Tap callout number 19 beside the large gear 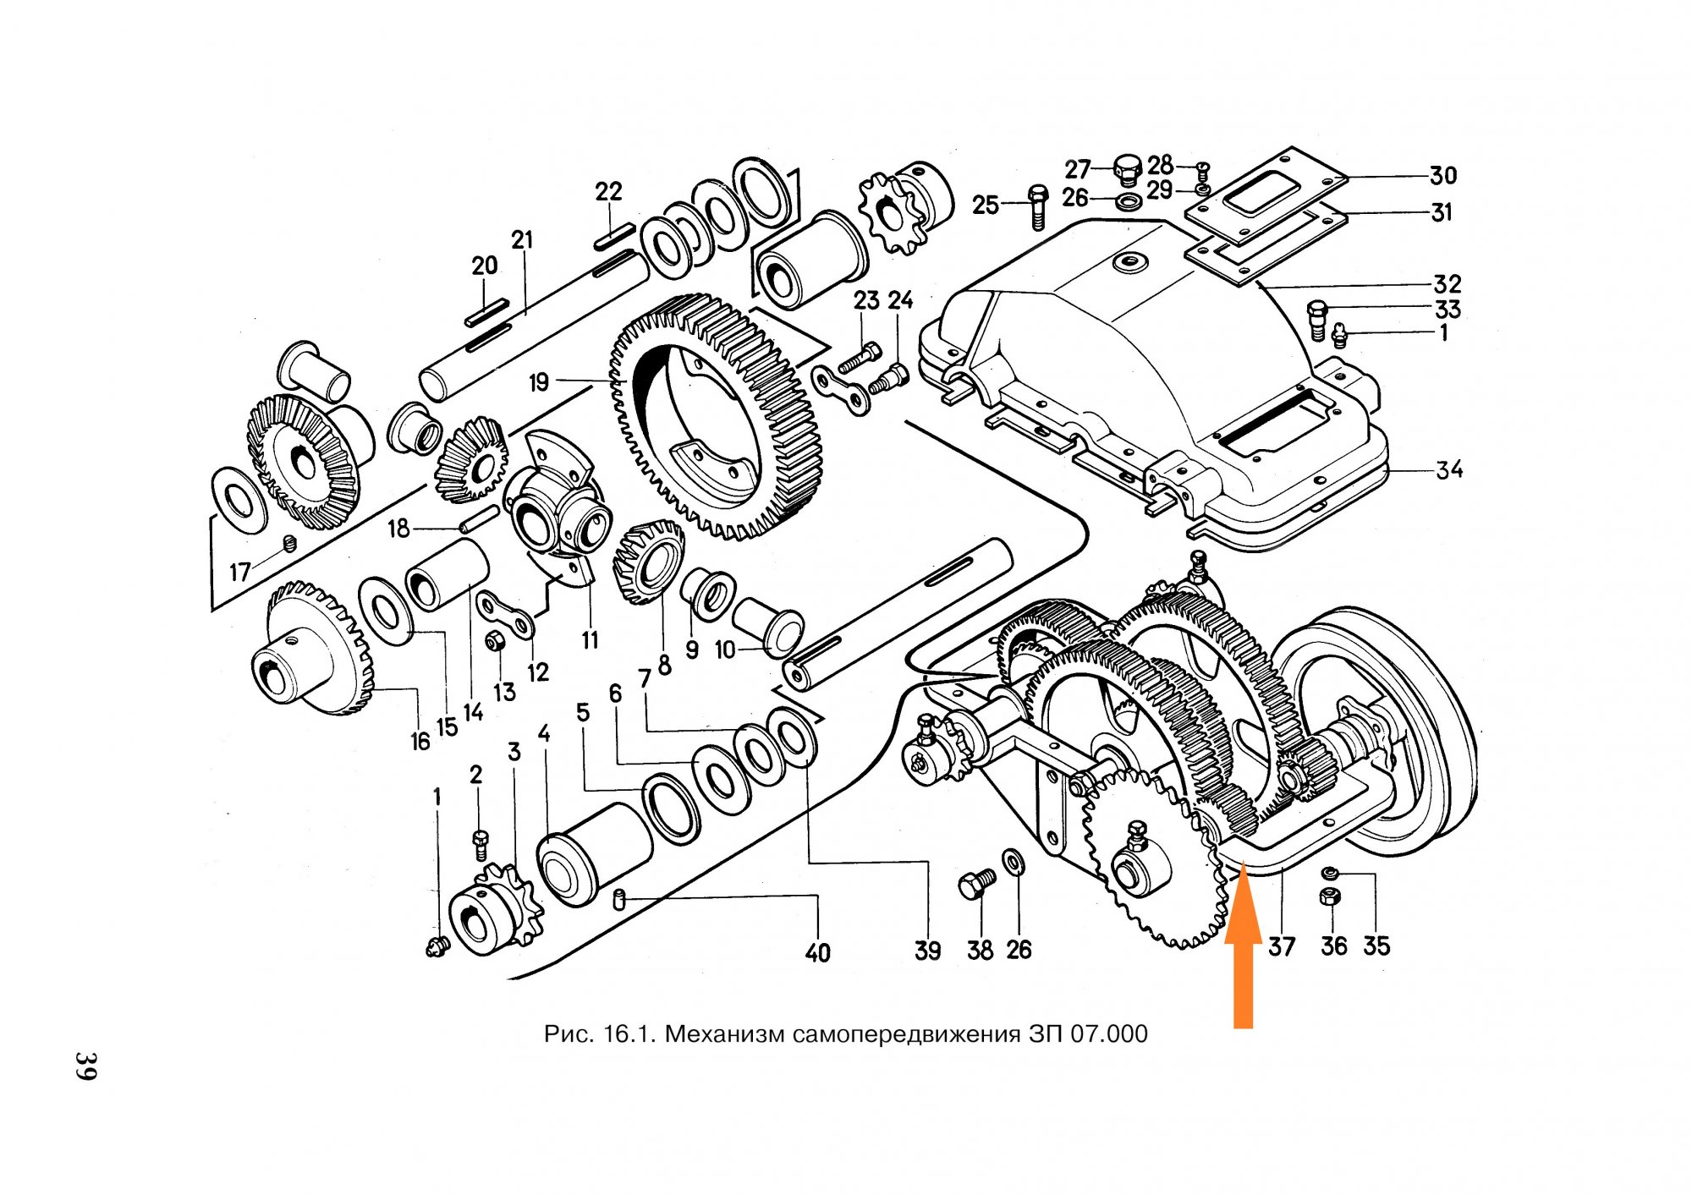[x=539, y=383]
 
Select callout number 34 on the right [x=1448, y=469]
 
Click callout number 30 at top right [x=1443, y=176]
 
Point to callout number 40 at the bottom [x=817, y=953]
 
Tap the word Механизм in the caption [x=728, y=1033]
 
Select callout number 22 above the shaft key [x=608, y=192]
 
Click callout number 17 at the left [x=240, y=573]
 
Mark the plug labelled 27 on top [x=1128, y=169]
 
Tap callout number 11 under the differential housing [x=590, y=640]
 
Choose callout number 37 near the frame [x=1282, y=946]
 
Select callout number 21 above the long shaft [x=523, y=240]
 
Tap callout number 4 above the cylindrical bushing [x=544, y=734]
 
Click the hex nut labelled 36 [x=1329, y=896]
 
